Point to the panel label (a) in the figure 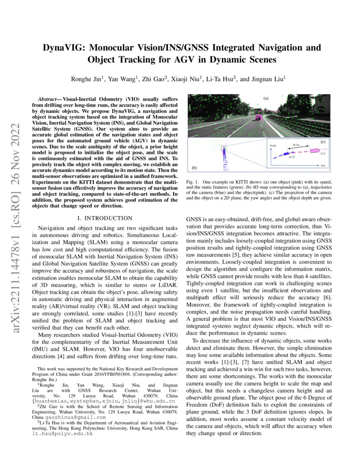[x=266, y=98]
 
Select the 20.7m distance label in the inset [x=295, y=146]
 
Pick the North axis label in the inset [x=273, y=146]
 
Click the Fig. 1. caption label [x=193, y=182]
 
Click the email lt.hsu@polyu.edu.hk [x=65, y=433]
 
